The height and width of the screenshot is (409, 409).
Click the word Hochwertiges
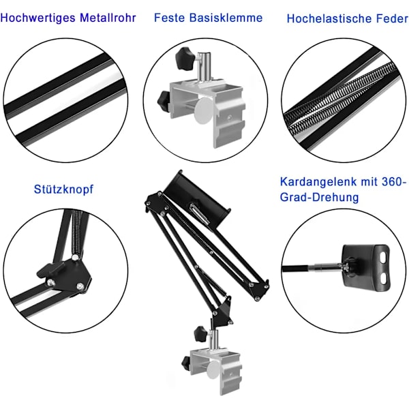point(37,18)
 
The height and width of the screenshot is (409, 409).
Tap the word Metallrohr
point(108,18)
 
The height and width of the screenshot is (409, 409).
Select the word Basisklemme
point(226,18)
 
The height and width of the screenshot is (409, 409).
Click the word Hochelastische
point(329,18)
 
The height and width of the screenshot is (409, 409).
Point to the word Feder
point(392,18)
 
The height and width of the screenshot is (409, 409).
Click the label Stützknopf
point(63,189)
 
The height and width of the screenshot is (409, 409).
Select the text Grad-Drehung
point(319,197)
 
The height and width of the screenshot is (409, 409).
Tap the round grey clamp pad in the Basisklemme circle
point(203,110)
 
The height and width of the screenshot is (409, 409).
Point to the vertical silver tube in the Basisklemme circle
point(204,67)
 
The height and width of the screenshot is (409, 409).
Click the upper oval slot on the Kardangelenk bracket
point(382,258)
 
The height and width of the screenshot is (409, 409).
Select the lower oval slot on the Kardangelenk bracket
point(383,279)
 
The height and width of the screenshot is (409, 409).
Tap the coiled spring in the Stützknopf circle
point(76,233)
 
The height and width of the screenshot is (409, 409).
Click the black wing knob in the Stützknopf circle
point(50,270)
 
